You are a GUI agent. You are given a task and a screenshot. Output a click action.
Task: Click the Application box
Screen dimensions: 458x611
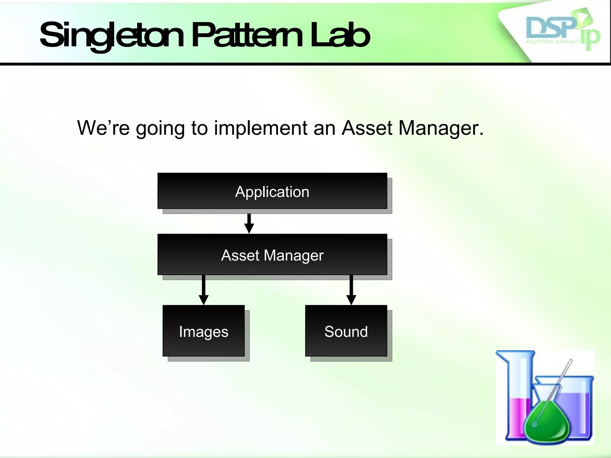[x=272, y=191]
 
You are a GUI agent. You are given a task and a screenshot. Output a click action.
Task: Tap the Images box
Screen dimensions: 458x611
[x=203, y=331]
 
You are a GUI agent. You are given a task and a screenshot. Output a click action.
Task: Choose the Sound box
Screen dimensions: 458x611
[x=346, y=331]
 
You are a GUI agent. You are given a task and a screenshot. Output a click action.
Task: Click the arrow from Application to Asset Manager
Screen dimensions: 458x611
[x=249, y=224]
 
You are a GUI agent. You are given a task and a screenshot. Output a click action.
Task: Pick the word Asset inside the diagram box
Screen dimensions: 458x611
[x=240, y=255]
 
